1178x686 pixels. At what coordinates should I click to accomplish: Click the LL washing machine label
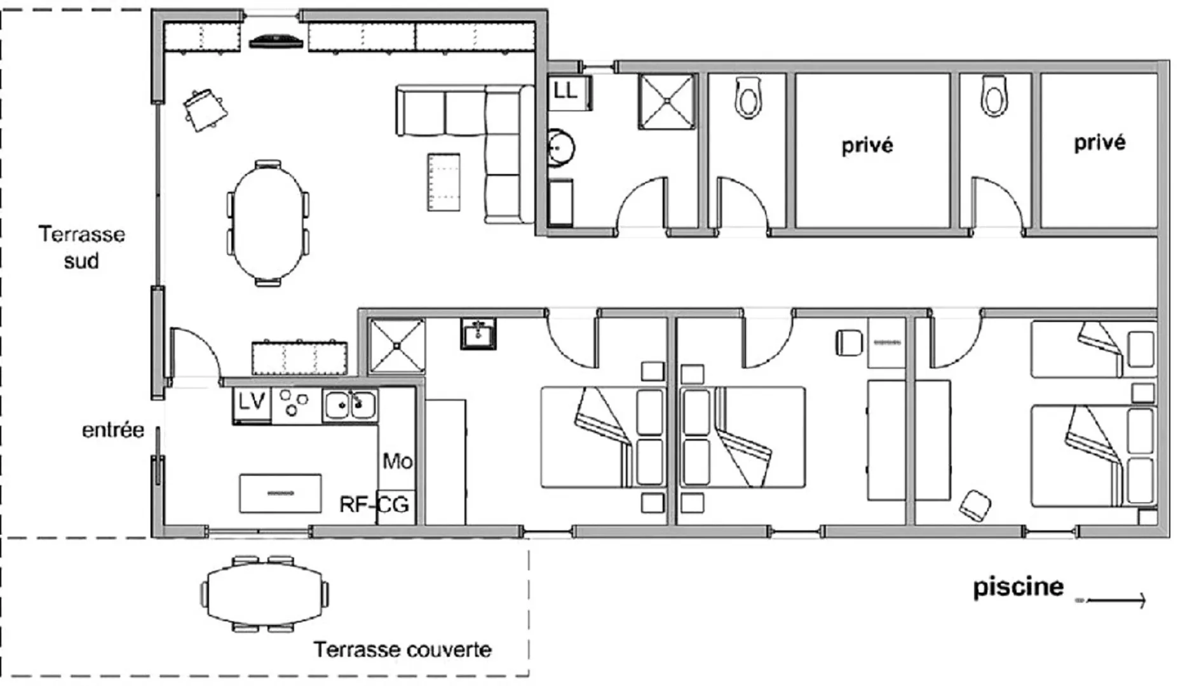565,90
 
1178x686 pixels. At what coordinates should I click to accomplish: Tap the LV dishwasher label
251,401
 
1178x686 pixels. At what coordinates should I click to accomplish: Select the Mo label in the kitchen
397,461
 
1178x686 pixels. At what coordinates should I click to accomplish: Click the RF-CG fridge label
374,505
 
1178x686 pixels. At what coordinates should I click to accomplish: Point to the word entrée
113,430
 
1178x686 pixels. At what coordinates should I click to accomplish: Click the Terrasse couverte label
402,649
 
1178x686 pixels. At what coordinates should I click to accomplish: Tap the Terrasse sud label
82,247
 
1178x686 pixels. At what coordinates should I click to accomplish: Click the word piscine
1018,587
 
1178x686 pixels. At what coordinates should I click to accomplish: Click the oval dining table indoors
268,223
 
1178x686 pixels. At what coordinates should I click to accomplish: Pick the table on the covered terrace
265,595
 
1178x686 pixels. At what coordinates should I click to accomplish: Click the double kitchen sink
349,405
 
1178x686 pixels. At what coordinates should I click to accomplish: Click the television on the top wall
274,41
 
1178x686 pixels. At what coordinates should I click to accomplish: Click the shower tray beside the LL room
666,102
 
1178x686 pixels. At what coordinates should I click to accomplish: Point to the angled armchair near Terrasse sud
205,109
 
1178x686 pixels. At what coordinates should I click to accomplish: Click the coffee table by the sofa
443,182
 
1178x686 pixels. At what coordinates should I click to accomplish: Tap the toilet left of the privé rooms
748,98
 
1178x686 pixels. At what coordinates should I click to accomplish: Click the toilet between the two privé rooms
994,97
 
